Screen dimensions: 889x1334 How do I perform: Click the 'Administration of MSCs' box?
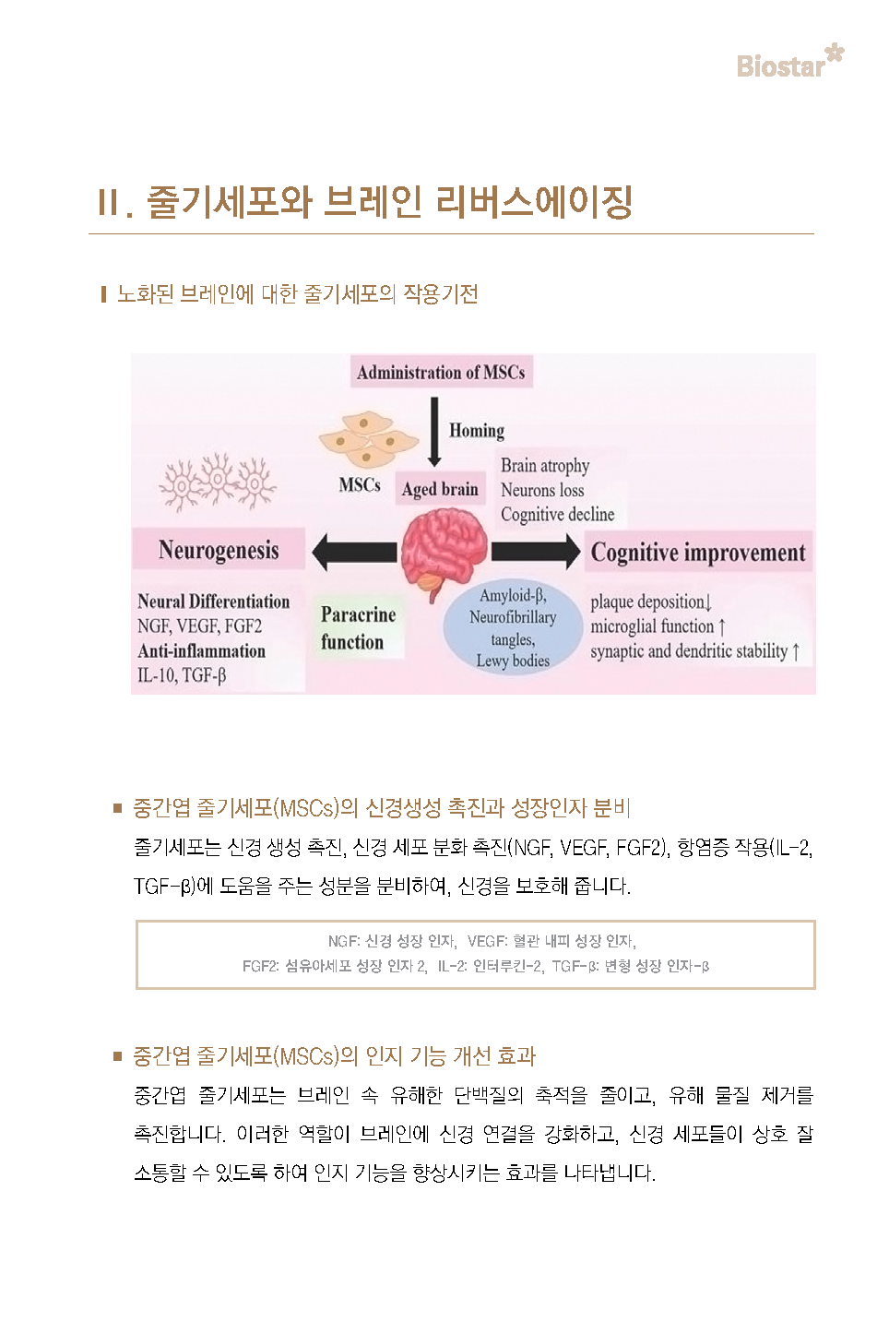(x=441, y=372)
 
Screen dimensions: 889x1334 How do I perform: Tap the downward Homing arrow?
(x=434, y=432)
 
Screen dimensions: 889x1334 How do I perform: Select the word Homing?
(x=477, y=431)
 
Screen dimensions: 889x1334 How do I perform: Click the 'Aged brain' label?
(x=440, y=489)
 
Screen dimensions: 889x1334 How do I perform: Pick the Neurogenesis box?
(x=219, y=549)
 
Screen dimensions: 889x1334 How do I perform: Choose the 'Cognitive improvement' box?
(x=698, y=552)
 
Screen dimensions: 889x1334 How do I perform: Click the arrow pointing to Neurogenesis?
(x=354, y=552)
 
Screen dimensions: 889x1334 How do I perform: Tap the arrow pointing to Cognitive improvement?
(x=535, y=552)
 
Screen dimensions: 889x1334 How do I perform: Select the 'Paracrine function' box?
(x=358, y=628)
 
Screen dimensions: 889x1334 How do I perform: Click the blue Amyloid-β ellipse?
(x=513, y=626)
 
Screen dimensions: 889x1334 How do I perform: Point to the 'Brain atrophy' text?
(x=545, y=466)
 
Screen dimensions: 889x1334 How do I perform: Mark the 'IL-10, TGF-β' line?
(x=182, y=675)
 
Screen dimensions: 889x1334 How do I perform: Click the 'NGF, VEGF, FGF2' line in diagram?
(x=199, y=625)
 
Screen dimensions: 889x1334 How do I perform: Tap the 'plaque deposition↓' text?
(x=651, y=601)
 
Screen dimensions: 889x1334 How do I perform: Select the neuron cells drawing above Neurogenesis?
(x=218, y=482)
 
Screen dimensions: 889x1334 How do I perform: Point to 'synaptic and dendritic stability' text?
(x=689, y=651)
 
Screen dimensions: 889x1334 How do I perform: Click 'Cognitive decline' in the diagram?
(x=557, y=514)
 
